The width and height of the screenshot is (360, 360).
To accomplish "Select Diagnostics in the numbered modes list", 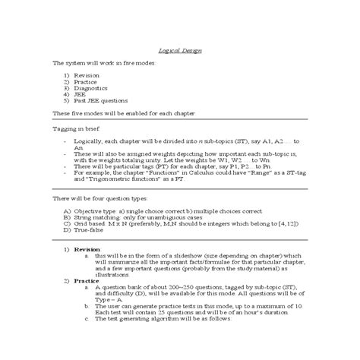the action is [x=90, y=88].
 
